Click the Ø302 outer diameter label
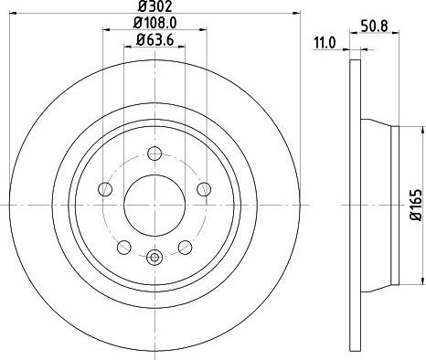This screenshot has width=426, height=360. pos(154,7)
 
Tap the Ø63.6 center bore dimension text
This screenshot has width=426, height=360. pos(154,39)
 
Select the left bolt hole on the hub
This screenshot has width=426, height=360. pos(105,189)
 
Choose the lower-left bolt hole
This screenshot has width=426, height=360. pos(123,245)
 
